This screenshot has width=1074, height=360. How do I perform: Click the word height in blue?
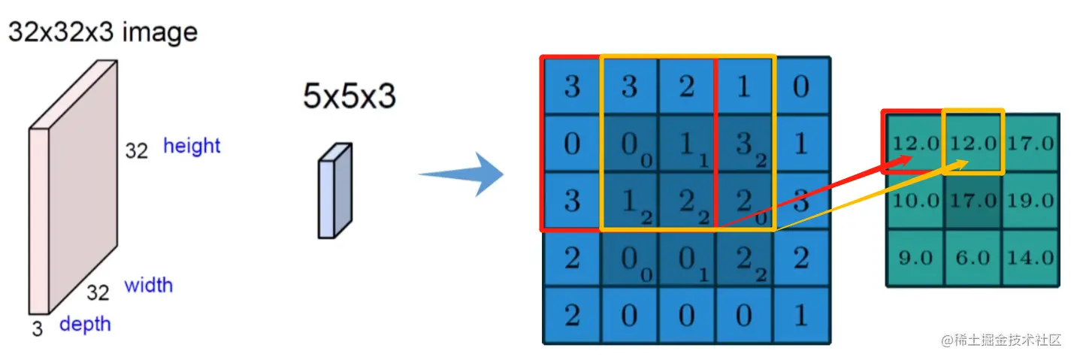click(192, 146)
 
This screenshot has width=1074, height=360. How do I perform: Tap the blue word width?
click(148, 286)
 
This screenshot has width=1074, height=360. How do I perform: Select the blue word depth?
click(85, 324)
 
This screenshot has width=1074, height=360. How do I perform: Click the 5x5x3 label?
click(349, 97)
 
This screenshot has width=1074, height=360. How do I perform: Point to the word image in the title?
click(160, 32)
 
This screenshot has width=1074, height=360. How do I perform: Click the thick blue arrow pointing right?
click(460, 174)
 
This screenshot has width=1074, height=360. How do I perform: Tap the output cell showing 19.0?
click(1030, 201)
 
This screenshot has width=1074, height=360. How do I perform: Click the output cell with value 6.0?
click(973, 258)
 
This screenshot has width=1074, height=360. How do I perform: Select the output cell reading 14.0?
click(1030, 258)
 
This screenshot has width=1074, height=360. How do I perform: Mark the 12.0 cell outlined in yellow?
click(973, 143)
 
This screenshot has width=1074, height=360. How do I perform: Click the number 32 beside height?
click(136, 151)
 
